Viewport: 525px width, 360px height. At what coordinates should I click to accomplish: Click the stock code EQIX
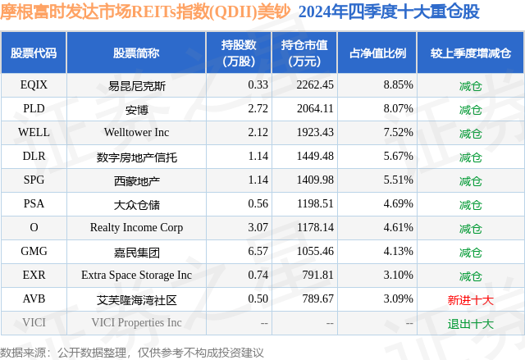click(x=34, y=84)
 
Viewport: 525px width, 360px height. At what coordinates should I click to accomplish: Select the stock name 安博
click(x=137, y=108)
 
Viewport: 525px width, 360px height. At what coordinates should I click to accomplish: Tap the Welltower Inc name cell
click(x=137, y=132)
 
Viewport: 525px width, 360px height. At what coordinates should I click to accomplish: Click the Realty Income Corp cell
click(x=136, y=228)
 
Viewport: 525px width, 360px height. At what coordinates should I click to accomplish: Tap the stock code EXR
click(x=34, y=276)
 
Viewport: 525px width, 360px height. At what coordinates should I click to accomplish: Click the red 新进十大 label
click(x=470, y=299)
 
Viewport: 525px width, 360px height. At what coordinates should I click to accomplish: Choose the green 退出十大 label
click(x=470, y=323)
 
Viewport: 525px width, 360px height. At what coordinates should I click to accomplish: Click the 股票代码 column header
click(x=34, y=52)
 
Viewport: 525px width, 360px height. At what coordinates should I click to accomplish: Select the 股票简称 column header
click(x=136, y=52)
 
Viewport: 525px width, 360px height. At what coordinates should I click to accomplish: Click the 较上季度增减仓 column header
click(x=470, y=52)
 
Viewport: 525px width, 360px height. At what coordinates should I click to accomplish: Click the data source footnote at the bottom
click(x=132, y=351)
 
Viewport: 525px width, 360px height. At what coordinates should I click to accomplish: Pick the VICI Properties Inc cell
click(x=137, y=323)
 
